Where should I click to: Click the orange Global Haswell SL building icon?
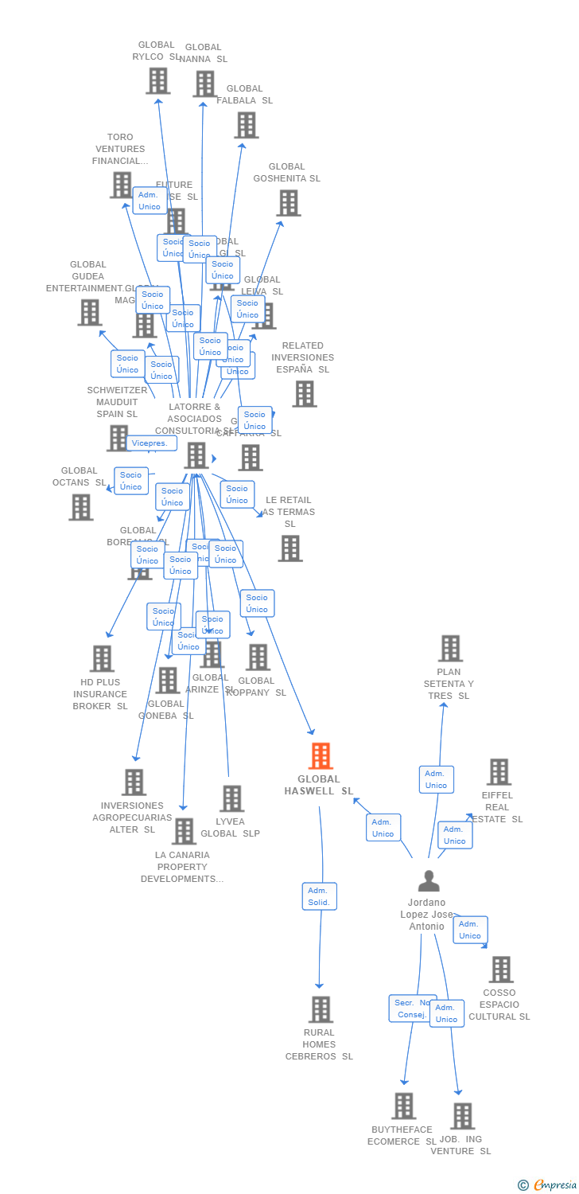pyautogui.click(x=321, y=756)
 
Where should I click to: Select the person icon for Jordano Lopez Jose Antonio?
pyautogui.click(x=429, y=881)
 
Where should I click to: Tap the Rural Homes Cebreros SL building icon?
pyautogui.click(x=321, y=1009)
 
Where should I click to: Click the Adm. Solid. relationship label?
pyautogui.click(x=320, y=896)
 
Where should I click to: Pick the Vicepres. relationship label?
pyautogui.click(x=150, y=443)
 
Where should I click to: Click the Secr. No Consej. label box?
pyautogui.click(x=412, y=1009)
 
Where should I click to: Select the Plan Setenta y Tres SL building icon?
pyautogui.click(x=450, y=649)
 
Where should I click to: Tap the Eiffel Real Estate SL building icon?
pyautogui.click(x=499, y=771)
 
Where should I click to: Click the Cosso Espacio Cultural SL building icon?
pyautogui.click(x=500, y=970)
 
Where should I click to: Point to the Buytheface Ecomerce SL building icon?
pyautogui.click(x=403, y=1106)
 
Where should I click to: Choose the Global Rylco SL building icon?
pyautogui.click(x=158, y=80)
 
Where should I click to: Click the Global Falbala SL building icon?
pyautogui.click(x=247, y=125)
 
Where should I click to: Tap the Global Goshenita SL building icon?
pyautogui.click(x=288, y=203)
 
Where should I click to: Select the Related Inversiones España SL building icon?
pyautogui.click(x=304, y=393)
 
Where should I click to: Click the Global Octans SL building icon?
pyautogui.click(x=80, y=507)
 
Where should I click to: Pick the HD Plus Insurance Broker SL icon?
pyautogui.click(x=102, y=658)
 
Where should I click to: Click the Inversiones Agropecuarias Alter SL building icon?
pyautogui.click(x=134, y=782)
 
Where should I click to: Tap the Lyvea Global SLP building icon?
pyautogui.click(x=231, y=798)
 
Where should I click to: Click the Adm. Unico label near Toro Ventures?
pyautogui.click(x=150, y=201)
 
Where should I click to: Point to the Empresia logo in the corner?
pyautogui.click(x=549, y=1185)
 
